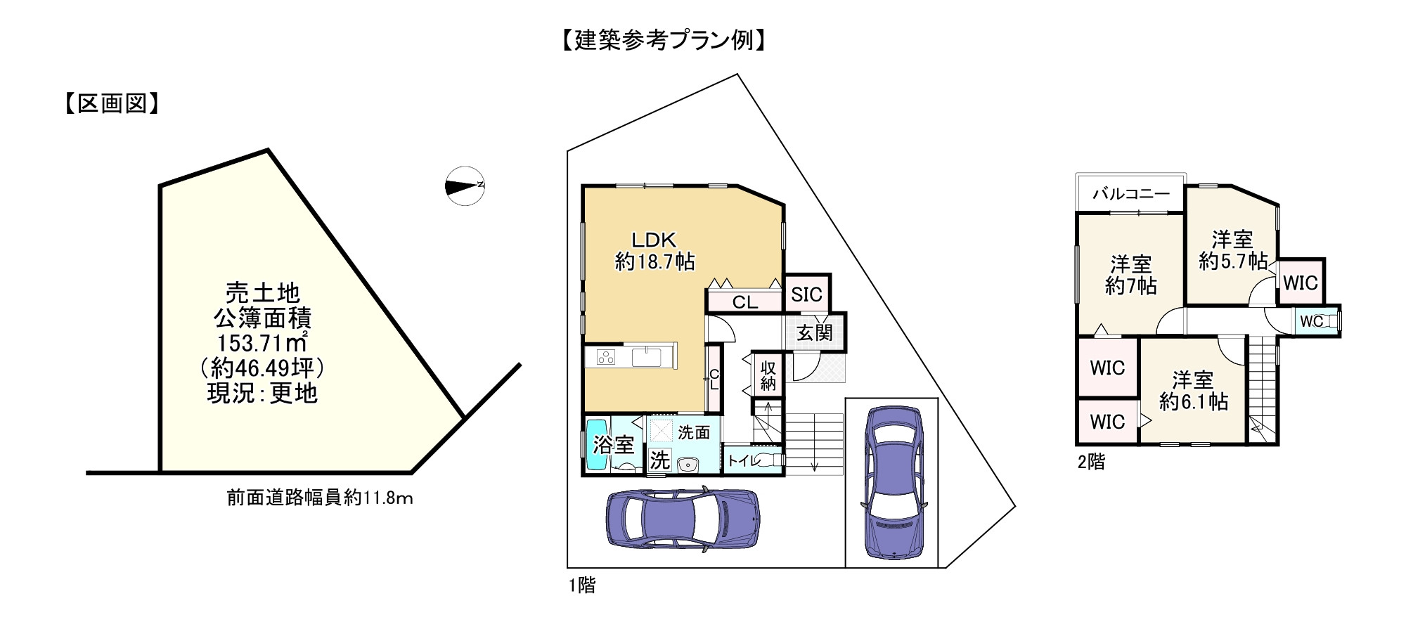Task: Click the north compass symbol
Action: pos(465,186)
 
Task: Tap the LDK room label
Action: pos(654,239)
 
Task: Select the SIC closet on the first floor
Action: pos(806,294)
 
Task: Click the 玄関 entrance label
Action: pos(815,332)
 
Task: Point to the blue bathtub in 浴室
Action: pos(597,446)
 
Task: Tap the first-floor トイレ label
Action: pos(744,461)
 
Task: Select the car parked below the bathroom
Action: pos(683,517)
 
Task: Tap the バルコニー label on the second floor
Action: pos(1130,194)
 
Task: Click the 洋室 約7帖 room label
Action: pos(1130,275)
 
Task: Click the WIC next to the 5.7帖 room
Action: pos(1300,283)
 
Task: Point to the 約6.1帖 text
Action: pos(1193,402)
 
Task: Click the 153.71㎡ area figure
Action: pos(262,344)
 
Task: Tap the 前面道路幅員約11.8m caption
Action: pos(319,498)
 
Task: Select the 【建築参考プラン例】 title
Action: pos(663,40)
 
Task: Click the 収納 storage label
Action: pos(768,375)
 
